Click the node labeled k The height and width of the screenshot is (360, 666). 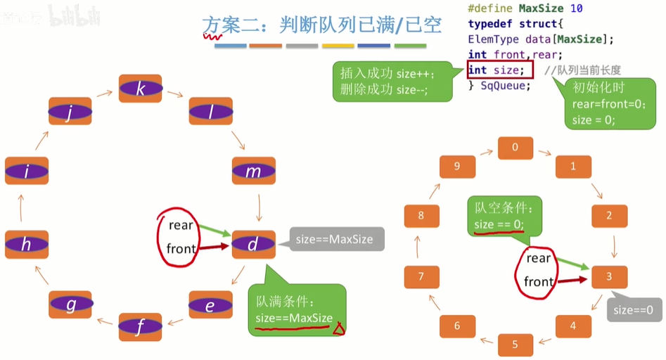click(x=141, y=89)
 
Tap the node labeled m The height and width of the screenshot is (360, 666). click(x=253, y=171)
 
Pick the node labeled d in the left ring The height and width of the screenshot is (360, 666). click(x=253, y=244)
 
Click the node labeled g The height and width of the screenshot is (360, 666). click(x=70, y=304)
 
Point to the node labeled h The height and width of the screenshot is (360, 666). click(x=26, y=244)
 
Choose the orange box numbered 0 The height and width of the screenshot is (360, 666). click(x=515, y=148)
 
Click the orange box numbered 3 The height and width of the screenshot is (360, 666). click(x=609, y=277)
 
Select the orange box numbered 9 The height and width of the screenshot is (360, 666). click(x=457, y=167)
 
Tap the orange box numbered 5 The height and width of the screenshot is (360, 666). click(x=515, y=345)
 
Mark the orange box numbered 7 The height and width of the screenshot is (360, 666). click(x=421, y=277)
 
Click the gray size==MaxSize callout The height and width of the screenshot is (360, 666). click(x=335, y=239)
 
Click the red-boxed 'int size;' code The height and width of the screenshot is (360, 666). click(x=496, y=70)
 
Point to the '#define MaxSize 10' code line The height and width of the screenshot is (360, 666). click(x=525, y=9)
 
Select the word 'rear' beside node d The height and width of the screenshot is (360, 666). click(x=181, y=225)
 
